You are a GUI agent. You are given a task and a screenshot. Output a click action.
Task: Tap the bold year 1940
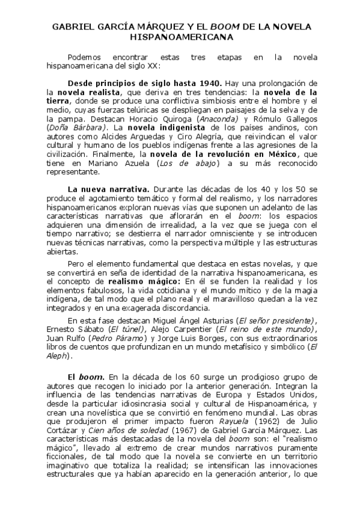207,82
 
